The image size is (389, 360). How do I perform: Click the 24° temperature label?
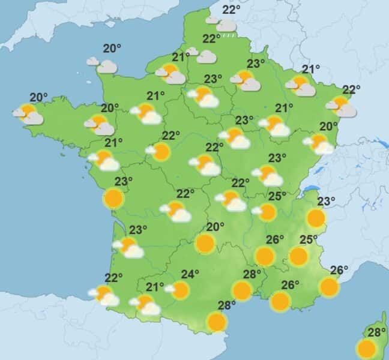tap(190, 275)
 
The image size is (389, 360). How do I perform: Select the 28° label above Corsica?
tap(376, 332)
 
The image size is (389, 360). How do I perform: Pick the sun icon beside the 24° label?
tap(179, 290)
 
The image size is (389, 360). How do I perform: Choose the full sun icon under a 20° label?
tap(205, 243)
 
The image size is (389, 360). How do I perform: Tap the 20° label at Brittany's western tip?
tap(38, 97)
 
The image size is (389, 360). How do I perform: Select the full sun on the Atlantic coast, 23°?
tap(113, 197)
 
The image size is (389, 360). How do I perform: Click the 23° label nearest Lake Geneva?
tap(326, 201)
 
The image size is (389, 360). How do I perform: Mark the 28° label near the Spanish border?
tap(227, 305)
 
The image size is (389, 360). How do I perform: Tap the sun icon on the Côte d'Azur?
tap(329, 287)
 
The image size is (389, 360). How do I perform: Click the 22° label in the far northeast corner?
tap(352, 90)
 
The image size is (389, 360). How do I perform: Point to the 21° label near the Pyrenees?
tap(155, 287)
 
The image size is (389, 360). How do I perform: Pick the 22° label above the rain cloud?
tap(231, 10)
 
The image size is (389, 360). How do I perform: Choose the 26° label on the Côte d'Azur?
tap(340, 270)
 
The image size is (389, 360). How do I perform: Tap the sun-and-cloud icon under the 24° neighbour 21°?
tap(145, 305)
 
